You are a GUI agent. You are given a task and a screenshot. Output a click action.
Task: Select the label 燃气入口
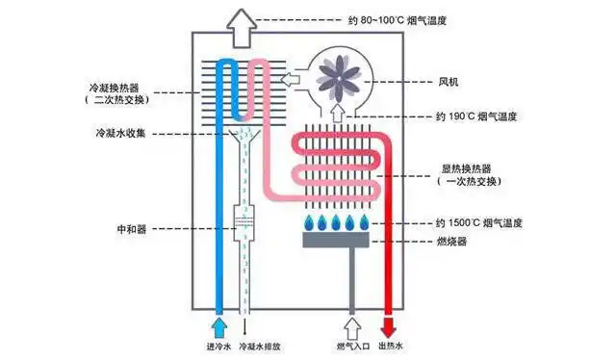352,347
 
